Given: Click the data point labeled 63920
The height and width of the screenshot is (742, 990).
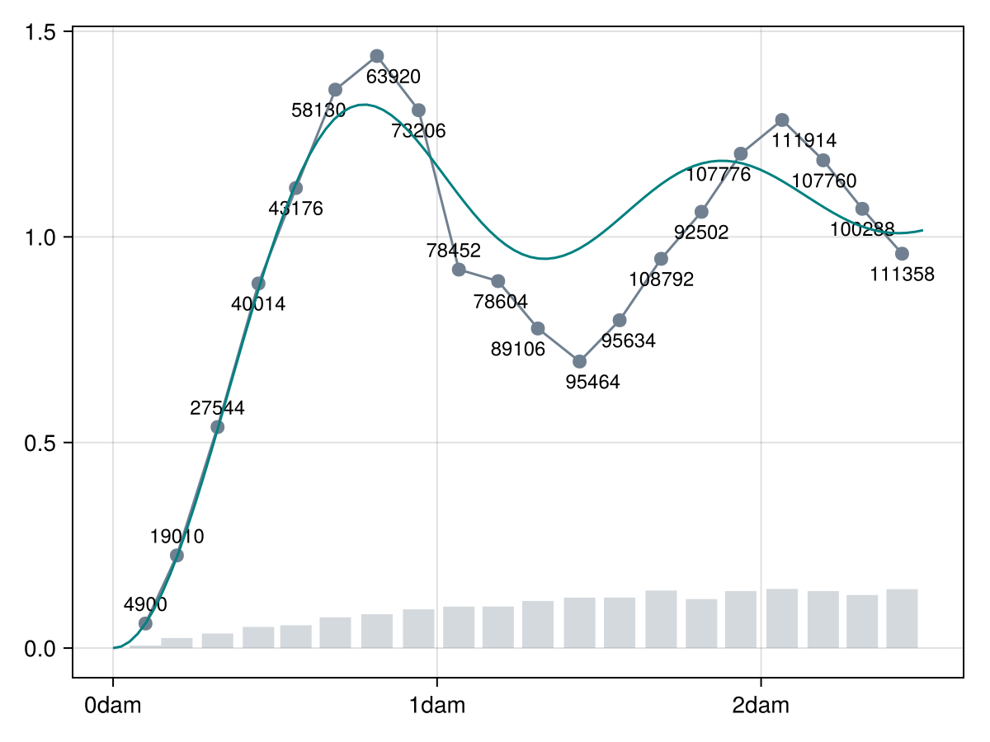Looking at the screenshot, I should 377,56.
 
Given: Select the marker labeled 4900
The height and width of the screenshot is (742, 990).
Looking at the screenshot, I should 145,623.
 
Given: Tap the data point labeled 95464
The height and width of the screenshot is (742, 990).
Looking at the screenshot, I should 579,361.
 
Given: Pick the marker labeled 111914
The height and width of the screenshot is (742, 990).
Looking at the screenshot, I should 782,120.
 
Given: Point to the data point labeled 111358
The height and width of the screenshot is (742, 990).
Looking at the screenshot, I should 902,253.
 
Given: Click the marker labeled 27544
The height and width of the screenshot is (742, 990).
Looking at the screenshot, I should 217,426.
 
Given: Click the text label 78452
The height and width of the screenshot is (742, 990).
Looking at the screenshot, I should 453,251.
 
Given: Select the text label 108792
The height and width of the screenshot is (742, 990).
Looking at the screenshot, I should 661,279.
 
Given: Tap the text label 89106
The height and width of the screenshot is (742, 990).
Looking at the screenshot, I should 517,350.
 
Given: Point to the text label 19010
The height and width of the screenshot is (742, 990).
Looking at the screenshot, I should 177,537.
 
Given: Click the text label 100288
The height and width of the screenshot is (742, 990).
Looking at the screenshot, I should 861,230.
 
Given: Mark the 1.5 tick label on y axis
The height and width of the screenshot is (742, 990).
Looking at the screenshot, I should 40,32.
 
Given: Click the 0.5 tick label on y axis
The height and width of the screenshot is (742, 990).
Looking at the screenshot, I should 40,443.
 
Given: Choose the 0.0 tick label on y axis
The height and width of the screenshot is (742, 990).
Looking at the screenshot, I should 40,649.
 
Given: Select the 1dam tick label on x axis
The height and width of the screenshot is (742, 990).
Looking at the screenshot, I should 437,707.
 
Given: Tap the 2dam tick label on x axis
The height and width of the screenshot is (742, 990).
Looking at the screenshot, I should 761,707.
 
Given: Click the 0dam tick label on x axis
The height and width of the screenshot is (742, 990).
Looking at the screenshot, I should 113,707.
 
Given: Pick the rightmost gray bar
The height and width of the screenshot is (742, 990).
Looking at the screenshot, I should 902,618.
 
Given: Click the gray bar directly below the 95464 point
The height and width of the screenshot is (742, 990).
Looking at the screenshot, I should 579,622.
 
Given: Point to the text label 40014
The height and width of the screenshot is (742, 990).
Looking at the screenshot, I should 258,304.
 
